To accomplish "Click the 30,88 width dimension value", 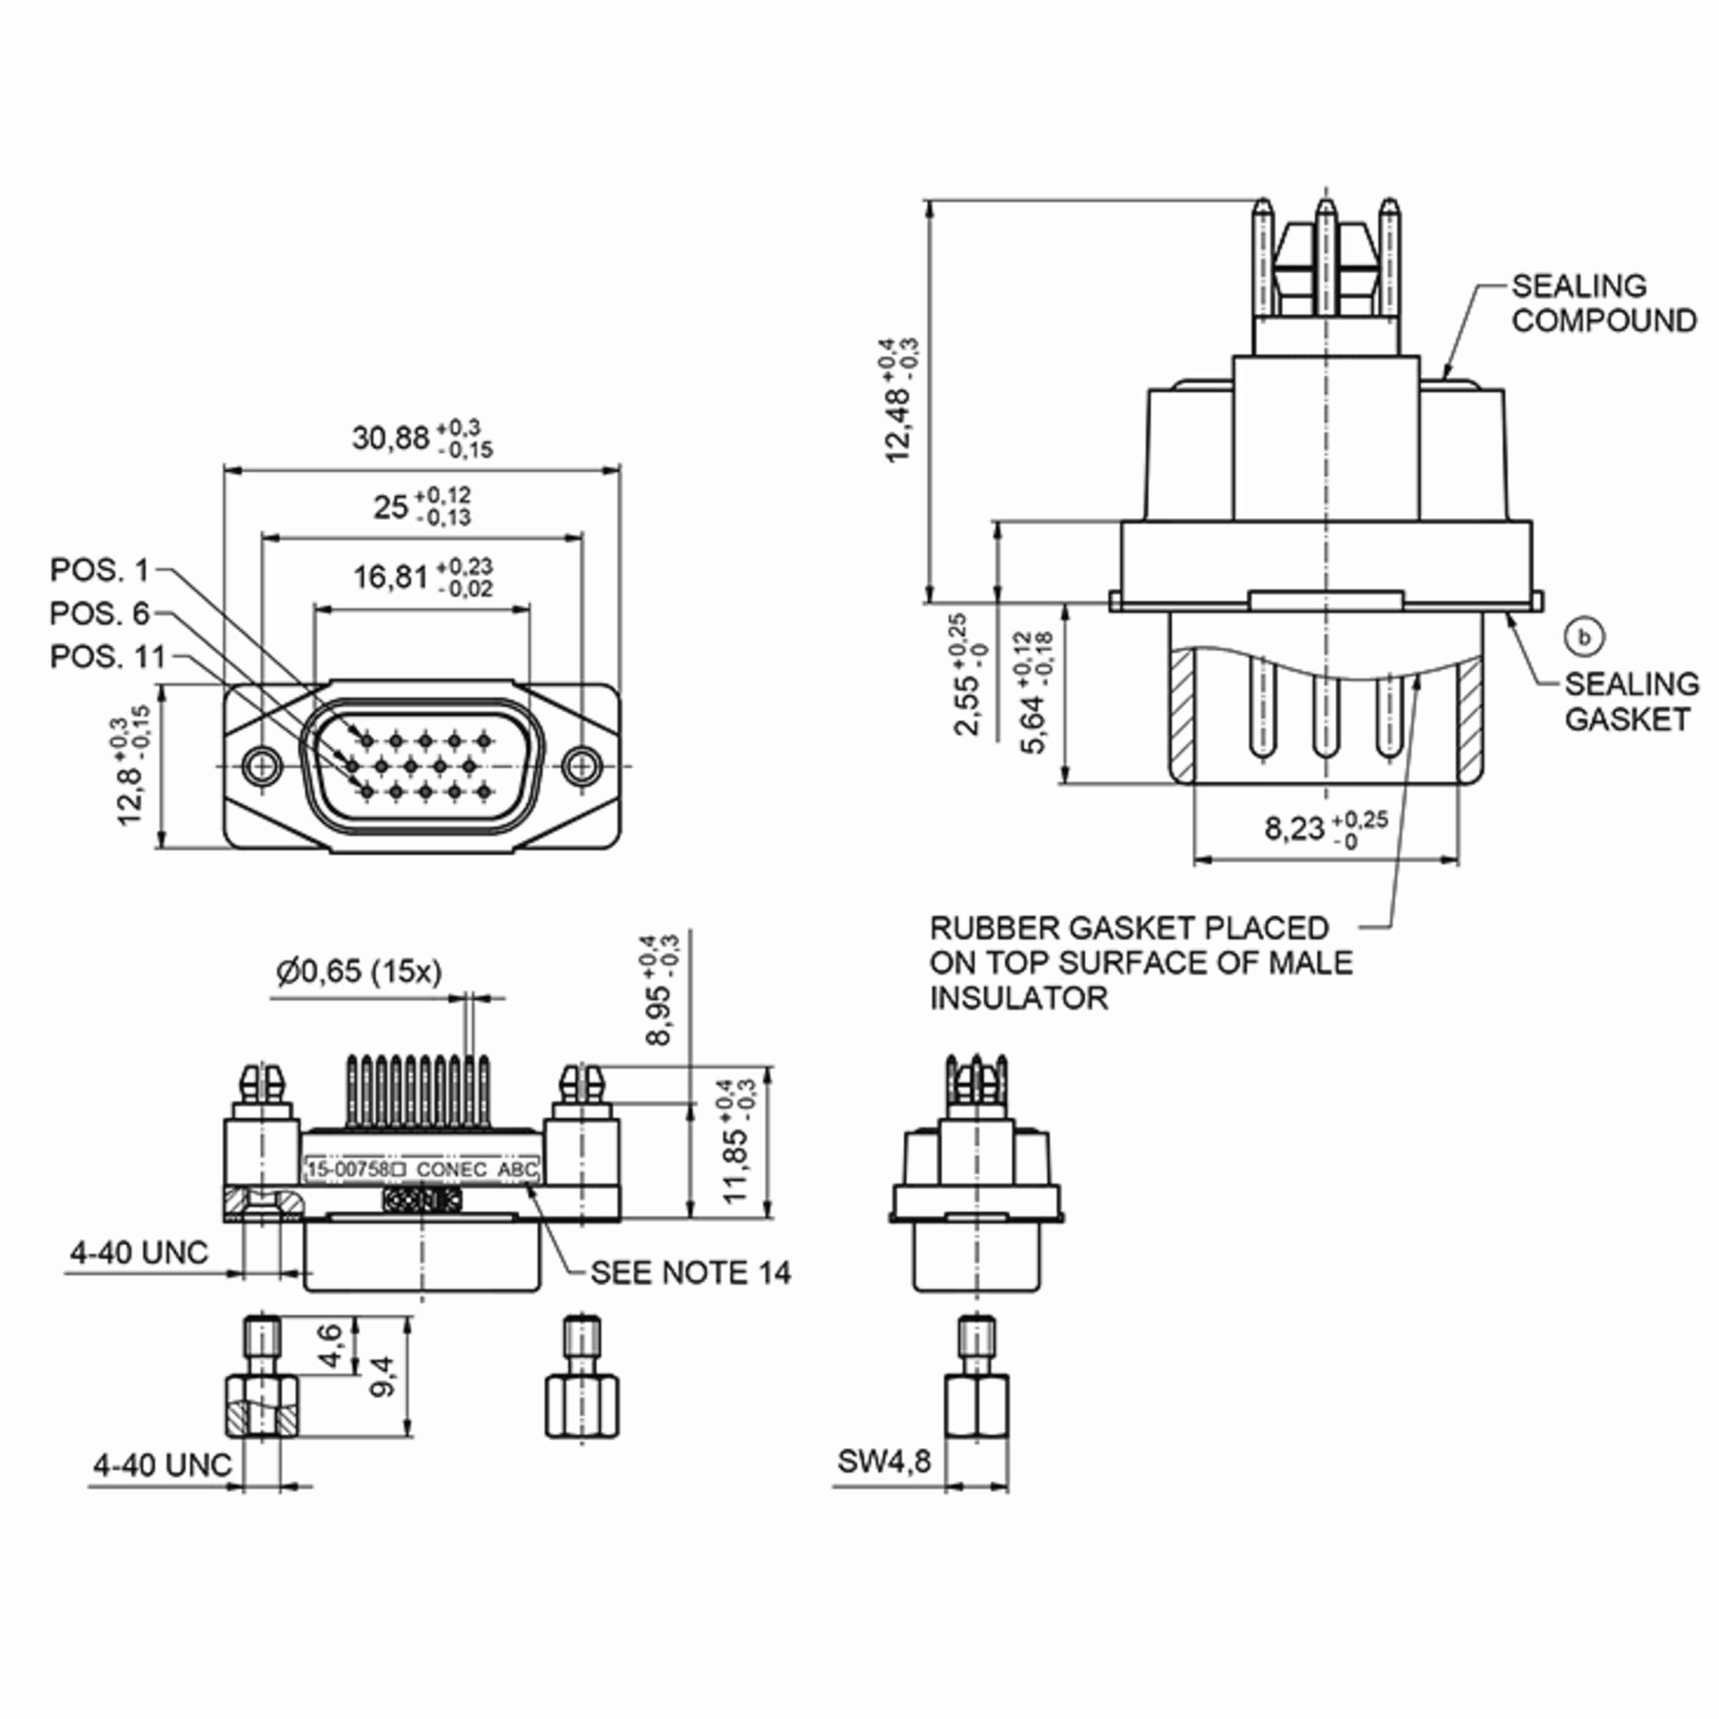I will pyautogui.click(x=390, y=438).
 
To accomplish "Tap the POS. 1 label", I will pyautogui.click(x=100, y=570).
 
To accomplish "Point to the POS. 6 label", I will pyautogui.click(x=100, y=614).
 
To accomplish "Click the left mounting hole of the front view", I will pyautogui.click(x=261, y=764).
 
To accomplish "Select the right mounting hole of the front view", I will pyautogui.click(x=582, y=764).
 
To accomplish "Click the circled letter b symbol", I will pyautogui.click(x=1584, y=637).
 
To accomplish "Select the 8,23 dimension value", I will pyautogui.click(x=1294, y=829).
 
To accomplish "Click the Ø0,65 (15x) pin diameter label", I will pyautogui.click(x=360, y=972).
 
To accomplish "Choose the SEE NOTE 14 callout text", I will pyautogui.click(x=690, y=1273).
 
